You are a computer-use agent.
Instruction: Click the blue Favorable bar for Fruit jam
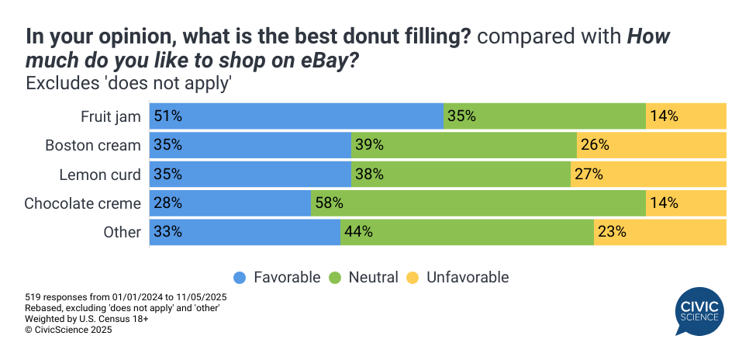pos(296,116)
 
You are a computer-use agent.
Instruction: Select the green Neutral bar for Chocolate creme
pos(478,203)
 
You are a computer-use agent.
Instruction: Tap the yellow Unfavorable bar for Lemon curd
pos(648,175)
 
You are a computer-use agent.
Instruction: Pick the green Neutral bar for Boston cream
pos(464,145)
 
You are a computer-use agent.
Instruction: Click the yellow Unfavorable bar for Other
pos(660,232)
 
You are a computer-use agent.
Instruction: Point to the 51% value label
pos(167,116)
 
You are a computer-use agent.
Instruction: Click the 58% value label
pos(329,203)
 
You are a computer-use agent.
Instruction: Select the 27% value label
pos(588,175)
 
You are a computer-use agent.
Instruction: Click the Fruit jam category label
pos(111,116)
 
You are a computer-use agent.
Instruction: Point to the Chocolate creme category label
pos(83,203)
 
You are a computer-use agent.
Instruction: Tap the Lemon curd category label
pos(100,175)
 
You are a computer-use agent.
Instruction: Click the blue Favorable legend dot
pos(240,278)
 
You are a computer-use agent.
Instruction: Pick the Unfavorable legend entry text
pos(468,278)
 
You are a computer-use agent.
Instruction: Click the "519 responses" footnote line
pos(126,297)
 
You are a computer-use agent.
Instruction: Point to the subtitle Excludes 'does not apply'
pos(129,82)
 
